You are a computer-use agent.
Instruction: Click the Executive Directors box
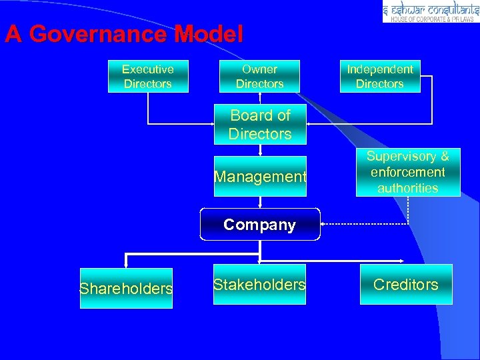[x=148, y=76]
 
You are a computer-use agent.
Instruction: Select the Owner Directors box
[x=259, y=76]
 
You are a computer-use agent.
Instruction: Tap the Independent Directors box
[x=379, y=76]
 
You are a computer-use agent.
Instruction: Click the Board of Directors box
[x=259, y=125]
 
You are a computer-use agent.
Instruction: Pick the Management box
[x=260, y=177]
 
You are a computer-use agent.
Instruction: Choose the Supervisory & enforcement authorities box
[x=407, y=172]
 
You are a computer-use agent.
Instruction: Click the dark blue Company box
[x=260, y=225]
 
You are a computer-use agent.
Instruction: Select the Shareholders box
[x=126, y=288]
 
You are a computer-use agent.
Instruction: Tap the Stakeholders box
[x=259, y=285]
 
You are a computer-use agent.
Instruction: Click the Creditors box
[x=406, y=285]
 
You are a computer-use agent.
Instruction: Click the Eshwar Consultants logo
[x=431, y=11]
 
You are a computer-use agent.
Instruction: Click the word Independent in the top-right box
[x=379, y=69]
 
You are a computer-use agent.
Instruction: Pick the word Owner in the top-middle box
[x=259, y=69]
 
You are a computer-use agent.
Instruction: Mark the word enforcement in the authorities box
[x=407, y=172]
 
